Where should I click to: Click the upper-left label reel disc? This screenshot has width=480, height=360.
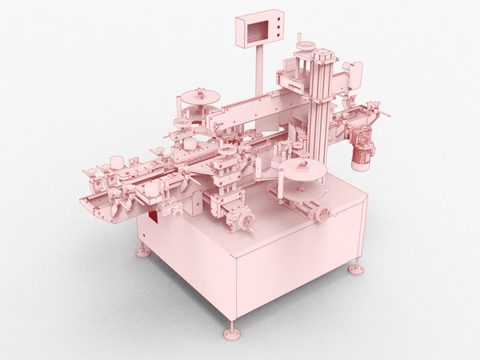[x=200, y=97]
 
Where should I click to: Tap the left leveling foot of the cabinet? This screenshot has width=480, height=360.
[x=142, y=253]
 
